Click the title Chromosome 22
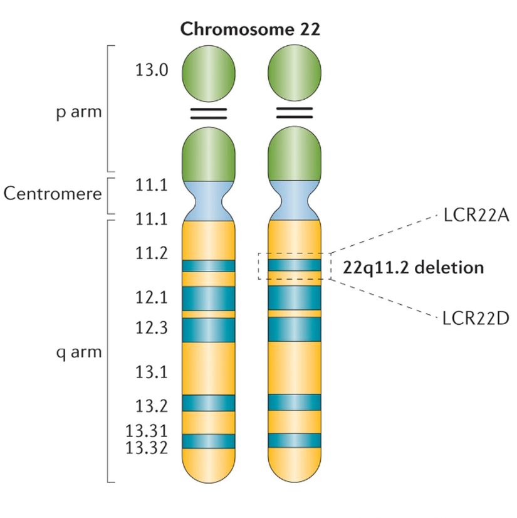[x=250, y=29]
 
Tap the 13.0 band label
[x=151, y=70]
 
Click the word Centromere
[x=53, y=193]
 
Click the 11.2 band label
[x=151, y=253]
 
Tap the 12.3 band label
[x=151, y=327]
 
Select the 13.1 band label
[x=151, y=372]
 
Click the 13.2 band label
[x=151, y=406]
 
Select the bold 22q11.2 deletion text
[x=414, y=268]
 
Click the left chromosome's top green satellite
[x=209, y=73]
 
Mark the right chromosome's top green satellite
[x=295, y=73]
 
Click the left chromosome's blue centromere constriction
[x=209, y=199]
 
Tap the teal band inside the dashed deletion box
[x=295, y=266]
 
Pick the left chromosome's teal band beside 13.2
[x=209, y=403]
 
